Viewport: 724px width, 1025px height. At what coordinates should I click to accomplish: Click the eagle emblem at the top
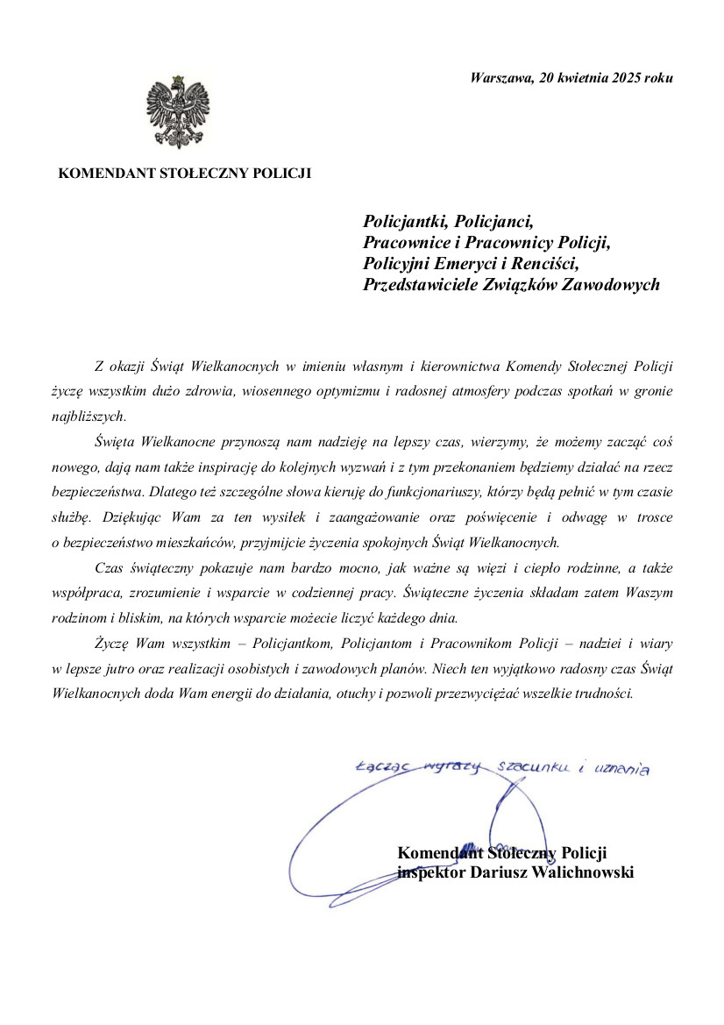[x=178, y=111]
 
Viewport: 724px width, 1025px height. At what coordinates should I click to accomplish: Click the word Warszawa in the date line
[x=500, y=78]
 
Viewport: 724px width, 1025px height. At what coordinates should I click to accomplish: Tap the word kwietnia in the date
[x=579, y=78]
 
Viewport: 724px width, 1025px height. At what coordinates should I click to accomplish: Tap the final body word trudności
[x=599, y=692]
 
